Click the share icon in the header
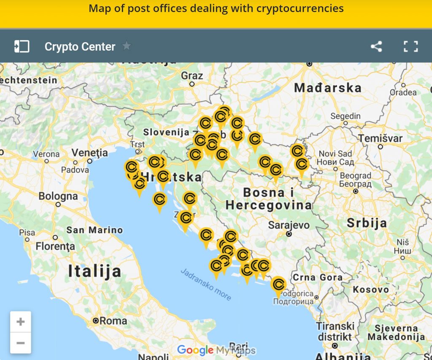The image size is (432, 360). (x=376, y=46)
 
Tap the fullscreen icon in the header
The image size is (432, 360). (x=410, y=46)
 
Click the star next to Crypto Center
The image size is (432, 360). (x=127, y=46)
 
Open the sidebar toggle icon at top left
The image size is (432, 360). (x=22, y=46)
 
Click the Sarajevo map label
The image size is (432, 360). (x=289, y=225)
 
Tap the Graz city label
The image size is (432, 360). (x=192, y=76)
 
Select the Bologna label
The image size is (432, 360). (x=58, y=196)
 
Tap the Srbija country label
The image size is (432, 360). (x=367, y=223)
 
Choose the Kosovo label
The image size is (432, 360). (x=371, y=290)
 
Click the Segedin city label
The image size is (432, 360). (x=346, y=116)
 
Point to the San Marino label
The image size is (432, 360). (x=94, y=230)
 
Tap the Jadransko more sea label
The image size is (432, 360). (x=206, y=285)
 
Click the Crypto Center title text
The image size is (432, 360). (x=80, y=46)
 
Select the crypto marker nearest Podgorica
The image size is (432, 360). (x=278, y=285)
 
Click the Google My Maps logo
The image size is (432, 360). (x=216, y=350)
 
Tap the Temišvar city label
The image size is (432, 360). (x=380, y=138)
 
